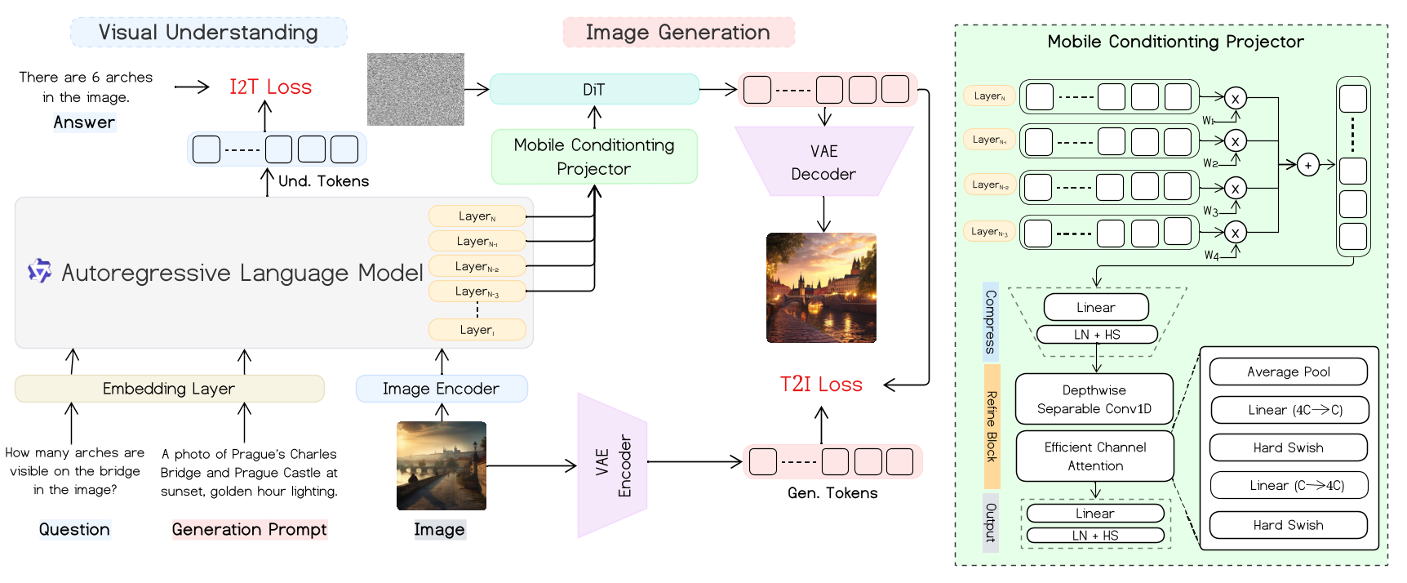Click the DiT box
pos(594,90)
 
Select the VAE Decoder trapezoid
pos(823,162)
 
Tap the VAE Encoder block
pos(613,465)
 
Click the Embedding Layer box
pos(169,389)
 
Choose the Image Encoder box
pos(441,389)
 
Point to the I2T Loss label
pos(270,87)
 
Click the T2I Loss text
pos(821,385)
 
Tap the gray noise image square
pos(415,90)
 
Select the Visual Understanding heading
pos(208,33)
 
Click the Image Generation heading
pos(678,33)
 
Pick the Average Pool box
pos(1288,372)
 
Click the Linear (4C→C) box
pos(1288,410)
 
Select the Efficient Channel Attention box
pos(1094,456)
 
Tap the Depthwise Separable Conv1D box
pos(1094,399)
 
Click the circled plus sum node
pos(1308,166)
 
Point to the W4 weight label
pos(1211,256)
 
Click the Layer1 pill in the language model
pos(477,330)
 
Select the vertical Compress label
pos(990,322)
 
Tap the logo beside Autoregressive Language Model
pos(39,270)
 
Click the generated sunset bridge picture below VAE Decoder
pos(821,287)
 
